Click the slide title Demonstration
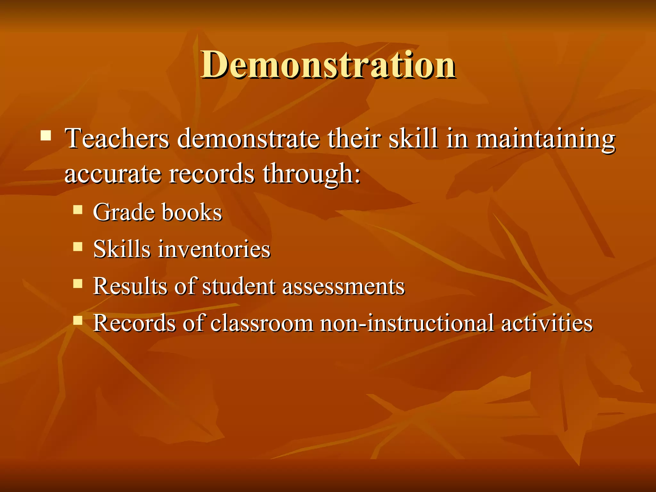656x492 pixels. click(x=328, y=65)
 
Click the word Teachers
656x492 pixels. click(x=117, y=139)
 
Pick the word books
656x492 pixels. click(x=192, y=213)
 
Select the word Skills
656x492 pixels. click(x=122, y=249)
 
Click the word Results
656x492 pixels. click(x=130, y=286)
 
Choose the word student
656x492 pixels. click(x=239, y=286)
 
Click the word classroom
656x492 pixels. click(x=262, y=323)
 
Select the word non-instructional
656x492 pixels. click(x=407, y=323)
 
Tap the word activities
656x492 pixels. click(x=547, y=323)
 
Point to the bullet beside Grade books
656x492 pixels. click(x=78, y=210)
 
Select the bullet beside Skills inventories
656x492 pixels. click(x=78, y=247)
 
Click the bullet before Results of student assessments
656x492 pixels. click(x=78, y=283)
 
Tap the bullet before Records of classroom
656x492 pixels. click(x=78, y=320)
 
